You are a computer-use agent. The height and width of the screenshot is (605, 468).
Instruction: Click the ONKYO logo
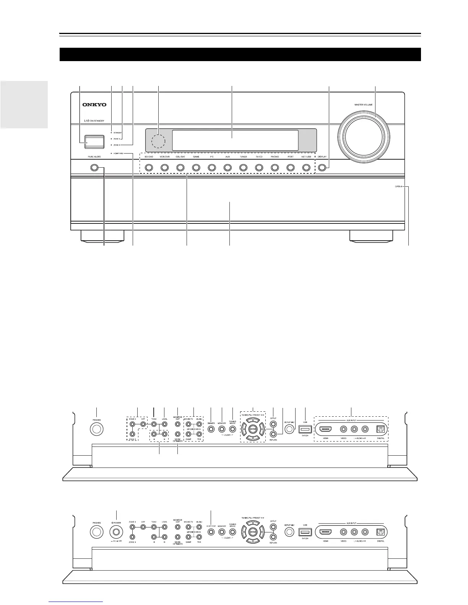(94, 105)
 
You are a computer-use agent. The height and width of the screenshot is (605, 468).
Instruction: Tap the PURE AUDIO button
(94, 167)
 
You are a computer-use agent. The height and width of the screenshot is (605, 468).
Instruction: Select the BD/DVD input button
(149, 167)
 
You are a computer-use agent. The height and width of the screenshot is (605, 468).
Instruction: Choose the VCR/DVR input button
(164, 167)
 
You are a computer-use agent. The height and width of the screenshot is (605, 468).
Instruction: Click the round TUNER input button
(243, 167)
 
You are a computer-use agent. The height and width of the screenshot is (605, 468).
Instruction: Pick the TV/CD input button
(259, 167)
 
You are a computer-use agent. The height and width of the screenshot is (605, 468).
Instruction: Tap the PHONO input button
(275, 167)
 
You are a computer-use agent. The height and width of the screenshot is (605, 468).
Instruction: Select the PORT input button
(290, 167)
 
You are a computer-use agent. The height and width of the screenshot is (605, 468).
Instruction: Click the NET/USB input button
(306, 167)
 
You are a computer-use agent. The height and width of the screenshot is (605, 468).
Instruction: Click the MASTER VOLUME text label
(363, 104)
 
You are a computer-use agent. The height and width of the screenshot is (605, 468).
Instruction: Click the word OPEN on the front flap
(398, 187)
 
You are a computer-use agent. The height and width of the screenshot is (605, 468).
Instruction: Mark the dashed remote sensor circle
(158, 141)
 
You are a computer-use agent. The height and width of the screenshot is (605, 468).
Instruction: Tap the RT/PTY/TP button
(211, 532)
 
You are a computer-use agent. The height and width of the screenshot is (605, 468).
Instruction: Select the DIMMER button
(211, 429)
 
